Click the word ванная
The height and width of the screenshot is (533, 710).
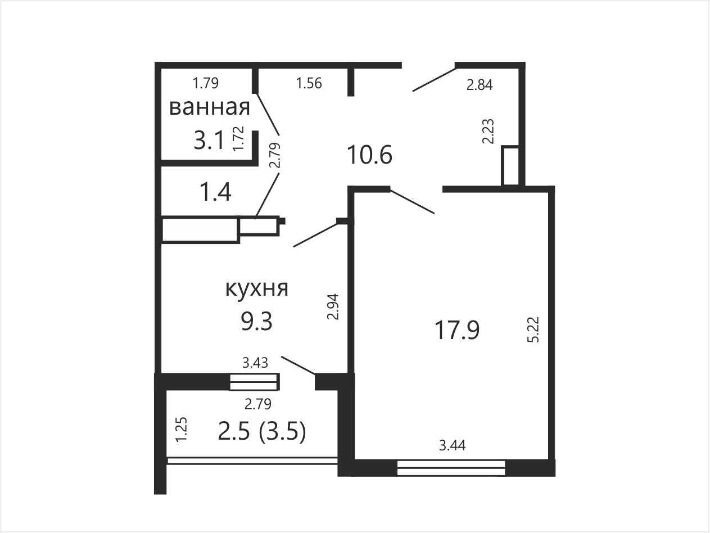click(x=210, y=108)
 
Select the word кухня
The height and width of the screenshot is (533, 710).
click(x=256, y=288)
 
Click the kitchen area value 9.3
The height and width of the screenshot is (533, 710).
click(x=257, y=322)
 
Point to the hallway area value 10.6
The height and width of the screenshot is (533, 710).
click(x=369, y=155)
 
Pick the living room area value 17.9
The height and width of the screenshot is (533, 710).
click(x=456, y=330)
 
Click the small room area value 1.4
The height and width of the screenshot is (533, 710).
click(x=216, y=192)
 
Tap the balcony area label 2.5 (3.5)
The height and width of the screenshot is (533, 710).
click(x=261, y=432)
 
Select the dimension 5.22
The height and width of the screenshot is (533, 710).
click(x=533, y=330)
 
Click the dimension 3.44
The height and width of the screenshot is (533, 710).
click(x=452, y=445)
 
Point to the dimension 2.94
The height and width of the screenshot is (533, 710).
click(x=333, y=306)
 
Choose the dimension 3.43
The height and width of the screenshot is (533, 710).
click(x=255, y=363)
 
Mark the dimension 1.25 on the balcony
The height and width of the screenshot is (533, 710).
click(x=181, y=430)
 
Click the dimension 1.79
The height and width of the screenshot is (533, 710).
click(x=206, y=83)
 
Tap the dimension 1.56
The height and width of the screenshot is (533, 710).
click(x=309, y=83)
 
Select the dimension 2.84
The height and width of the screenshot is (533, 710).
click(x=480, y=85)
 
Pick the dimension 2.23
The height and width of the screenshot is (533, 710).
click(x=489, y=131)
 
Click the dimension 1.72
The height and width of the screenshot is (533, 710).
click(x=238, y=138)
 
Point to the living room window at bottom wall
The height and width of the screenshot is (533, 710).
click(x=451, y=468)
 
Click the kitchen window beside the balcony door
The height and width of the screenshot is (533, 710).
click(x=254, y=382)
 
